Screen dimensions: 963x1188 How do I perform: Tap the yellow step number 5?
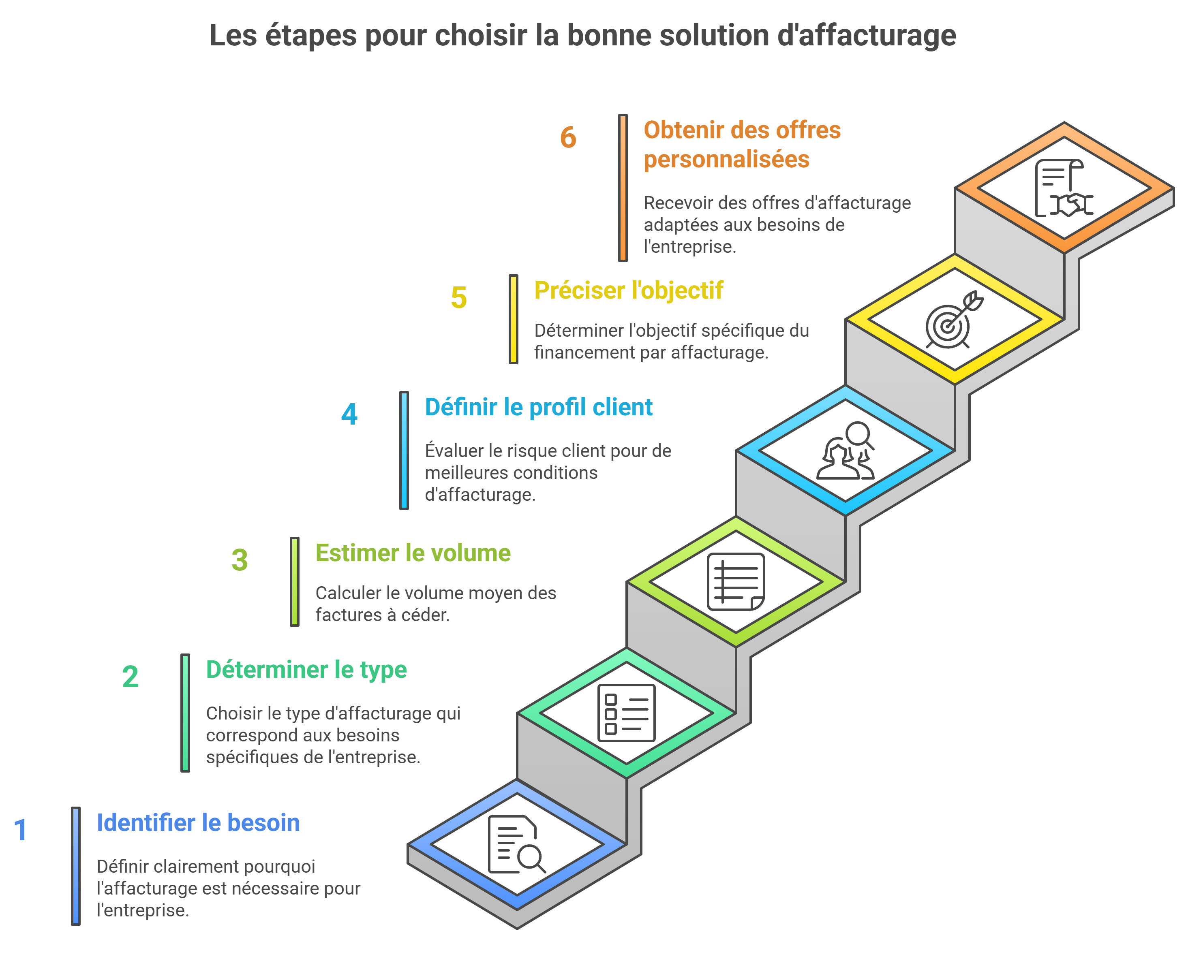[458, 297]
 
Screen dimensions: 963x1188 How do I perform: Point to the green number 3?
[239, 560]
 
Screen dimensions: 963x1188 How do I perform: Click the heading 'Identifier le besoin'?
[198, 823]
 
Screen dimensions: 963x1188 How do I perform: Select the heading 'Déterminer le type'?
[306, 670]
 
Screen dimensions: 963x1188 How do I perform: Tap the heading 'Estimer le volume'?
[413, 553]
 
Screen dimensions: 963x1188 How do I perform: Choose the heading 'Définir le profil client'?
[538, 407]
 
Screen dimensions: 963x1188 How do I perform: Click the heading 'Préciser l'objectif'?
[628, 290]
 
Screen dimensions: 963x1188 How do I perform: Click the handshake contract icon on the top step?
[1063, 188]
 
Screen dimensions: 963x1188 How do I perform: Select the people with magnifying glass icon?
[845, 451]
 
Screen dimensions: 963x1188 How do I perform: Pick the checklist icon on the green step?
[626, 713]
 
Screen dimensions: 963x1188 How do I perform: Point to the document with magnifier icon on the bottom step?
[516, 844]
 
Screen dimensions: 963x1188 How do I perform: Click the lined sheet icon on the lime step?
[736, 582]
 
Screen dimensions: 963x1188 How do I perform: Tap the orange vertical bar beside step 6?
[623, 188]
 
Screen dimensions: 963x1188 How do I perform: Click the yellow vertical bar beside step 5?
[513, 319]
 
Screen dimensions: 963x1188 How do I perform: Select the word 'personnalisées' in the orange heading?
[726, 159]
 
